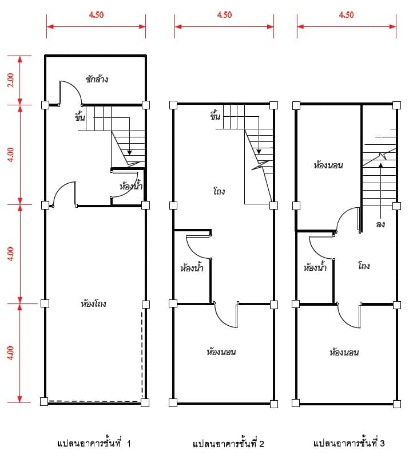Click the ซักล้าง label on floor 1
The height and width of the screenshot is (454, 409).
tap(97, 79)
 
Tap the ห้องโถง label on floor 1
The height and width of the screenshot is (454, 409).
tap(93, 303)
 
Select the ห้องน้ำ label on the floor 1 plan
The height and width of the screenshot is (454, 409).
tap(131, 185)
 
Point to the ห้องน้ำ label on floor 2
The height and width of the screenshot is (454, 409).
tap(192, 267)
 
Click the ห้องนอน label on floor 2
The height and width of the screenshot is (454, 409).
tap(221, 352)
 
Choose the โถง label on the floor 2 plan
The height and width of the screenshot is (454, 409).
tap(219, 191)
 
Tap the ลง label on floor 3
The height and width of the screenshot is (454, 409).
tap(380, 224)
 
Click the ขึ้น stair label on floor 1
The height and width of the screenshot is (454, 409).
tap(80, 117)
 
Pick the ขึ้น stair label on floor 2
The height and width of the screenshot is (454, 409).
tap(215, 115)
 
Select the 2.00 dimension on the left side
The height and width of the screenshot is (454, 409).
tap(10, 80)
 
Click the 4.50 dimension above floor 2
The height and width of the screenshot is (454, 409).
tap(224, 15)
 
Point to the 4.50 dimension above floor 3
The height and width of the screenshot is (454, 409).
tap(347, 15)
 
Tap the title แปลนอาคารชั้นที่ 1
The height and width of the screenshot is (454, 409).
tap(94, 443)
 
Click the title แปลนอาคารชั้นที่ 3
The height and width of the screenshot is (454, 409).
tap(349, 443)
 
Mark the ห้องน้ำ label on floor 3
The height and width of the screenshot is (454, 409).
tap(315, 267)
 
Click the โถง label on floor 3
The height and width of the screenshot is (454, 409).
tap(364, 266)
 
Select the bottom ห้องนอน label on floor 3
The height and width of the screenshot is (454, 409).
tap(344, 352)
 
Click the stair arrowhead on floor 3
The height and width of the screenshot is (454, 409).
tap(381, 165)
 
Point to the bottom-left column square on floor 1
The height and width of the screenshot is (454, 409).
tap(44, 401)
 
